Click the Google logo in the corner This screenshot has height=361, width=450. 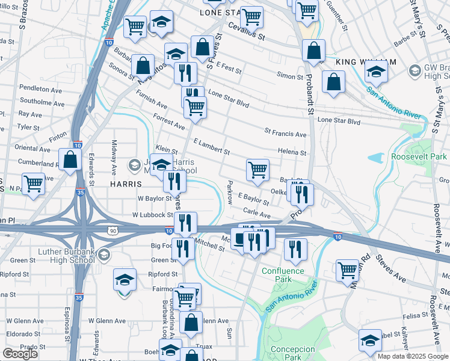(x=20, y=354)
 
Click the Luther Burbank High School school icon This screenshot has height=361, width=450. (x=103, y=254)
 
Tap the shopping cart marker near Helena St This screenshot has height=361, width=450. (x=257, y=169)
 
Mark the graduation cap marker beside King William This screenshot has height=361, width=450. (x=376, y=72)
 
